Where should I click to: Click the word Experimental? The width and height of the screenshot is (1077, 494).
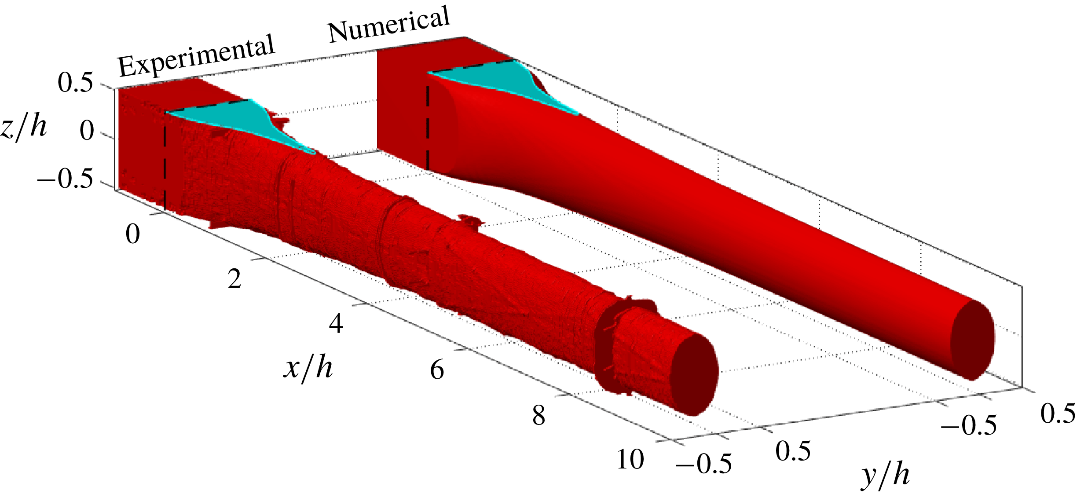pyautogui.click(x=196, y=55)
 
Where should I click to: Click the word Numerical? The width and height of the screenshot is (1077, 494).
pyautogui.click(x=389, y=25)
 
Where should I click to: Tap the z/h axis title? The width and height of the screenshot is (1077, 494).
pyautogui.click(x=24, y=129)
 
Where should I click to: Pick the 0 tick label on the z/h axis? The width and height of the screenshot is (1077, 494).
pyautogui.click(x=87, y=131)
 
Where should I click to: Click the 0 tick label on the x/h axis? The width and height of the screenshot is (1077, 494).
pyautogui.click(x=132, y=234)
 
